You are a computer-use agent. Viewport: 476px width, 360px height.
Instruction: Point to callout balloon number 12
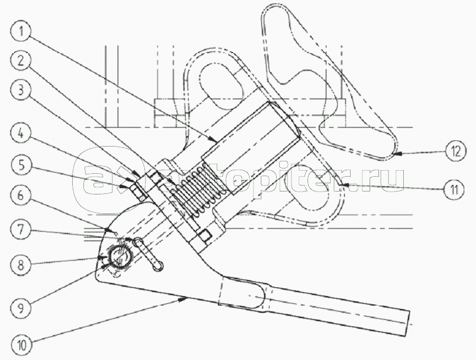[x=454, y=151]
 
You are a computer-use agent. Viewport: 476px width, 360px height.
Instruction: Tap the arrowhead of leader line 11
[x=342, y=185]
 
